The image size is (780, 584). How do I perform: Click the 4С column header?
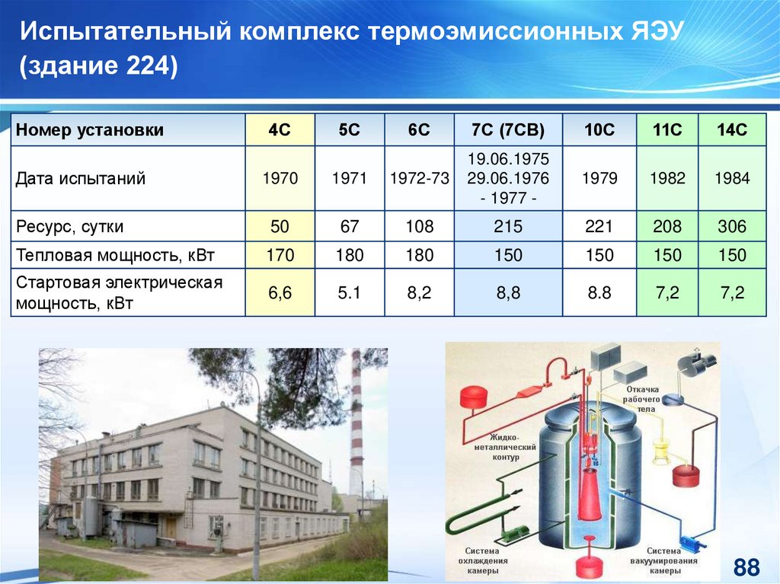tap(280, 130)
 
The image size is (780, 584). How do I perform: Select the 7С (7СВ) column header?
tap(508, 130)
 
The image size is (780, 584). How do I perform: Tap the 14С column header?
tap(732, 130)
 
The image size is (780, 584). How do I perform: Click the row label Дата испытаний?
tap(81, 178)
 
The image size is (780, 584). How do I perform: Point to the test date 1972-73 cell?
tap(420, 178)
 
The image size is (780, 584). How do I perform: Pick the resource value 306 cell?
tap(732, 226)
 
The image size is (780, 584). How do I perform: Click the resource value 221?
tap(599, 226)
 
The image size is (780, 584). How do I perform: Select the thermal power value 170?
tap(280, 255)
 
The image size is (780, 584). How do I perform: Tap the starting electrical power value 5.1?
tap(349, 292)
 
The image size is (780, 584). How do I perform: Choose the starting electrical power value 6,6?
tap(280, 292)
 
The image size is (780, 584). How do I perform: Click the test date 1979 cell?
tap(599, 178)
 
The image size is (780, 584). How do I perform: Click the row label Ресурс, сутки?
tap(69, 227)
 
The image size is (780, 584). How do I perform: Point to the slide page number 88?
tap(746, 567)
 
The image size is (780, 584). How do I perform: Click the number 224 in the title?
tap(149, 65)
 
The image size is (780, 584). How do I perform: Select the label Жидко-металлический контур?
tap(505, 447)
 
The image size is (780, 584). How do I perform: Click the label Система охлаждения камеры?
tap(482, 560)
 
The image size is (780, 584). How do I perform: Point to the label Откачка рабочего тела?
tap(642, 399)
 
